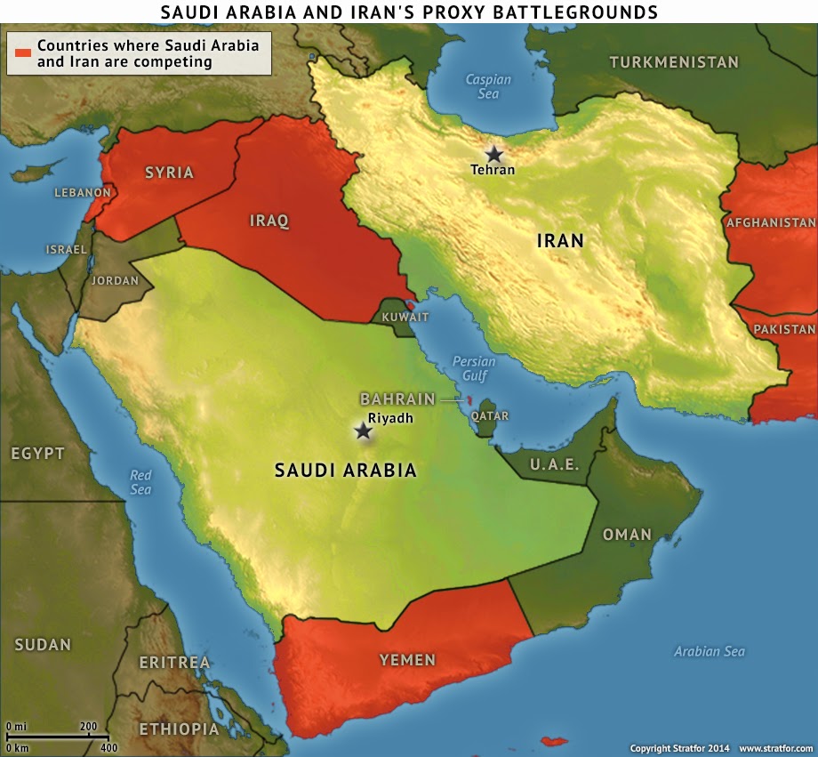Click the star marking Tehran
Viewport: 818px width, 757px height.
[x=493, y=154]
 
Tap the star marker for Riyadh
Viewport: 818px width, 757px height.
[x=363, y=431]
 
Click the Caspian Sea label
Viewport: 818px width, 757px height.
[x=488, y=86]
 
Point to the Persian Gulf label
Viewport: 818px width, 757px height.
[x=474, y=368]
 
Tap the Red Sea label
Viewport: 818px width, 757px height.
[x=140, y=482]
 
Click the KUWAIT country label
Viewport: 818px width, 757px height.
[x=405, y=317]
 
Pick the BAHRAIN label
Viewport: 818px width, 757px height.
[x=397, y=399]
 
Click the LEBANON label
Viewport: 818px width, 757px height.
[x=83, y=192]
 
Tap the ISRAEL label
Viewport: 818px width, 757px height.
[x=67, y=249]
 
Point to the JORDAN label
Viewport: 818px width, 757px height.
[x=115, y=280]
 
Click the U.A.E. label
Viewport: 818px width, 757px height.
[x=554, y=464]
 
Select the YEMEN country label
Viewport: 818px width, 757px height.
[x=407, y=659]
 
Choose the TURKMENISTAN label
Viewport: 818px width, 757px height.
[x=673, y=62]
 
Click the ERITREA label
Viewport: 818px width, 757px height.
[x=174, y=663]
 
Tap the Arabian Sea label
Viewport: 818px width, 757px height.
[x=709, y=651]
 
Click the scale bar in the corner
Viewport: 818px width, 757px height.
[x=58, y=737]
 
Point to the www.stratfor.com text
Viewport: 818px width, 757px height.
[x=775, y=749]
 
